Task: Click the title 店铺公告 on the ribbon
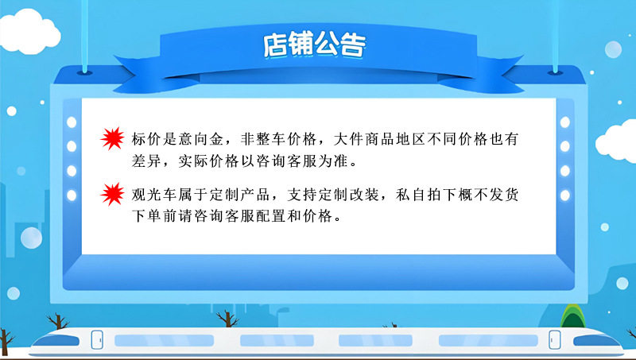pyautogui.click(x=314, y=44)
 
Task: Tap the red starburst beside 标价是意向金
pyautogui.click(x=112, y=138)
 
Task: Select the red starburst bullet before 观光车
pyautogui.click(x=112, y=194)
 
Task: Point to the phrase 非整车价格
pyautogui.click(x=279, y=139)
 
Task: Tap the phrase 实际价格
pyautogui.click(x=208, y=161)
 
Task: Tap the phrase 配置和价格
pyautogui.click(x=294, y=215)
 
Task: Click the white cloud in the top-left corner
pyautogui.click(x=29, y=33)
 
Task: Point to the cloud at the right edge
pyautogui.click(x=617, y=143)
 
